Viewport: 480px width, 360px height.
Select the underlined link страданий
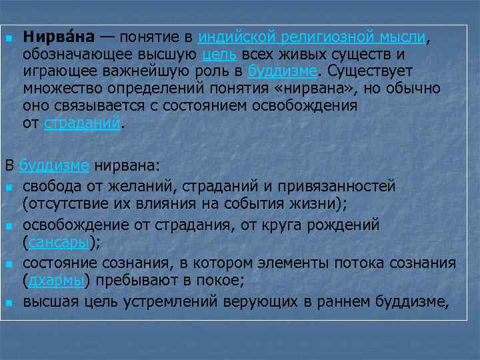point(83,123)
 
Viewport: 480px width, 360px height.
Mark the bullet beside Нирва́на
point(9,38)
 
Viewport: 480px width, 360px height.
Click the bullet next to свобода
point(9,187)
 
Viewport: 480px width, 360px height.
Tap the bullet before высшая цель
point(9,303)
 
